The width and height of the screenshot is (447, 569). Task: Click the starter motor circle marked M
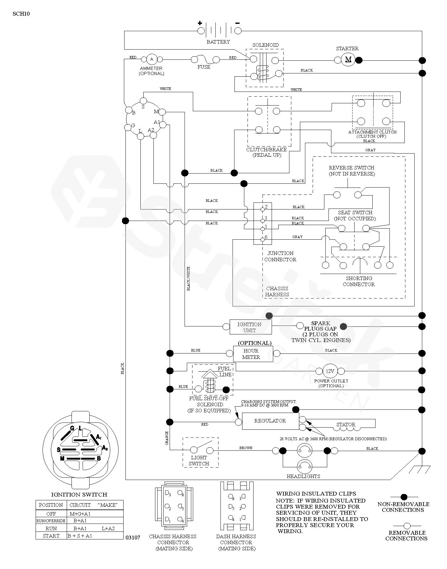click(x=348, y=59)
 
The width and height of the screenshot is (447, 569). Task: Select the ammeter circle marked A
click(x=152, y=59)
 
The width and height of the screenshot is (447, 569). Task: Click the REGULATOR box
click(x=270, y=421)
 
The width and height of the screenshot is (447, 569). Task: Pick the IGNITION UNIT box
click(x=251, y=327)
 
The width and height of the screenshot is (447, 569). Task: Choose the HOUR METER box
click(x=251, y=354)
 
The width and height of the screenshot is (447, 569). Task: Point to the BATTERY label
click(x=218, y=42)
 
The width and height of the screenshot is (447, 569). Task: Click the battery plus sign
click(x=200, y=23)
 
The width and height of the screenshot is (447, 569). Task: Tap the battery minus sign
click(x=237, y=23)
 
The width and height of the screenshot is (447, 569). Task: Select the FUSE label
click(x=204, y=67)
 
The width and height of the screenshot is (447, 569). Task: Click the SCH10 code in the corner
click(x=22, y=14)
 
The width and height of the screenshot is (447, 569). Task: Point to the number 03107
click(x=133, y=538)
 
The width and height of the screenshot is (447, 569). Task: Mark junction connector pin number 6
click(x=266, y=237)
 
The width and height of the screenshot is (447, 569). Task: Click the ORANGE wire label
click(x=167, y=438)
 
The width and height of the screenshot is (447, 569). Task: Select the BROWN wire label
click(x=246, y=448)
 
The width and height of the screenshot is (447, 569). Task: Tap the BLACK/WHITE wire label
click(x=188, y=279)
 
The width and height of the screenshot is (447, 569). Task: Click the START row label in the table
click(x=51, y=536)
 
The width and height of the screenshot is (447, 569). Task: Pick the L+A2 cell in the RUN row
click(x=108, y=528)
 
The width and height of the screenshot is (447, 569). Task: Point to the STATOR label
click(x=346, y=424)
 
